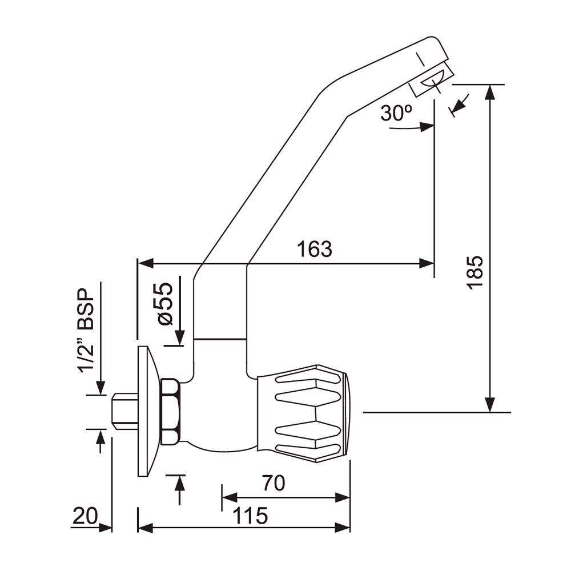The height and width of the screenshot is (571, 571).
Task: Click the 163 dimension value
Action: click(314, 249)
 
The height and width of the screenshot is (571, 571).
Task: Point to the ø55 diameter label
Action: click(165, 303)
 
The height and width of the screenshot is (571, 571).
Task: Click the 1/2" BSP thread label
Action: click(86, 331)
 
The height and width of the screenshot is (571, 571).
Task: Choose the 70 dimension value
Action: click(274, 484)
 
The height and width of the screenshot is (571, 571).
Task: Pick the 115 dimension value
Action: click(250, 516)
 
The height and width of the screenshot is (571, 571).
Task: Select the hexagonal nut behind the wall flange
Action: click(171, 412)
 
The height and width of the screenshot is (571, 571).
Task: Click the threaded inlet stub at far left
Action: click(123, 412)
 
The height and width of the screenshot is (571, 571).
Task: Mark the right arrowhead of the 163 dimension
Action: click(428, 263)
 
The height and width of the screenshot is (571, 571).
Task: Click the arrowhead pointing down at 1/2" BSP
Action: click(100, 388)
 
